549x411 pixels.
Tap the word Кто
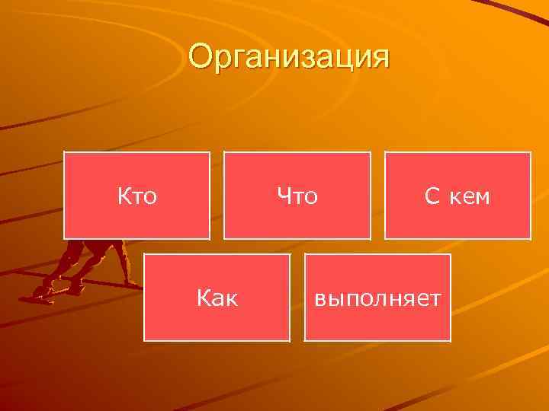pyautogui.click(x=137, y=197)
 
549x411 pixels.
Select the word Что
pyautogui.click(x=297, y=197)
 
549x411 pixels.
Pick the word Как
pyautogui.click(x=217, y=298)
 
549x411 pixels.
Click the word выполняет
pyautogui.click(x=378, y=298)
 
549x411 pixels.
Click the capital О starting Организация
pyautogui.click(x=202, y=57)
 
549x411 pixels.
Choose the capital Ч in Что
pyautogui.click(x=284, y=197)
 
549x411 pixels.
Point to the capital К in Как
pyautogui.click(x=204, y=298)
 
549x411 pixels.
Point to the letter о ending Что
pyautogui.click(x=310, y=199)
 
